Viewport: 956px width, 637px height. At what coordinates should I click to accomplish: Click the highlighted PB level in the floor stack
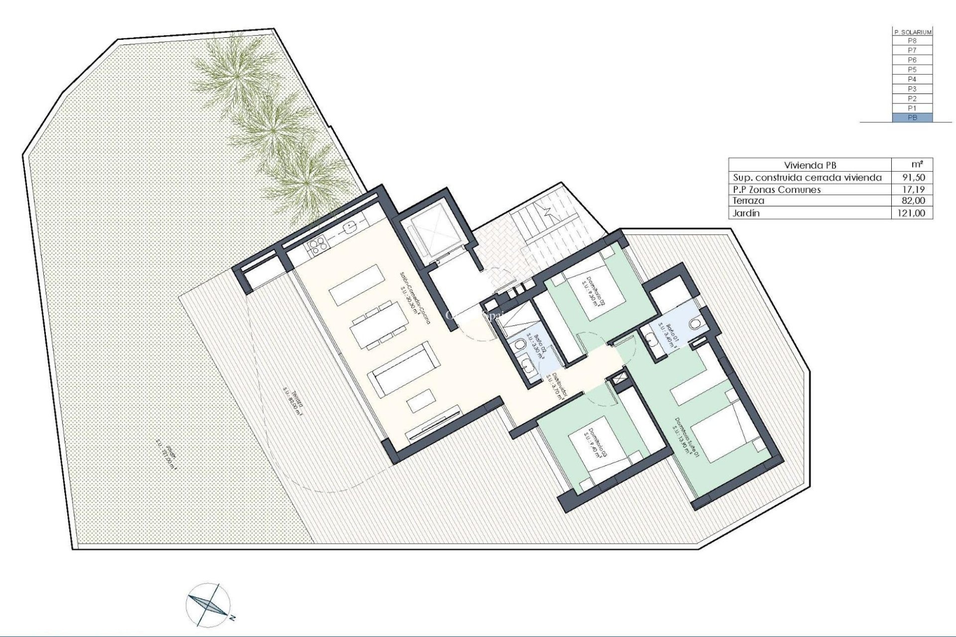pyautogui.click(x=912, y=117)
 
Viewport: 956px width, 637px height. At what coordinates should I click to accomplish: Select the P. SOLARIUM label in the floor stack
pyautogui.click(x=912, y=32)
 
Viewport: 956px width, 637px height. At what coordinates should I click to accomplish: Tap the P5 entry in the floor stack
pyautogui.click(x=912, y=69)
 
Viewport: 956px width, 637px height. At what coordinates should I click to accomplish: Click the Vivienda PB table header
pyautogui.click(x=810, y=165)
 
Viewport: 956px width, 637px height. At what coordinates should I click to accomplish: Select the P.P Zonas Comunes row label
pyautogui.click(x=777, y=189)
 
